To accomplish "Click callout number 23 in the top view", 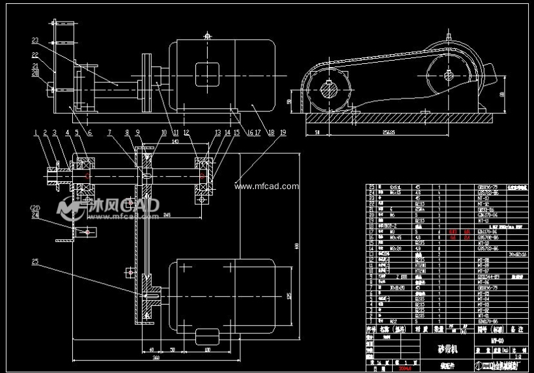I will click(x=35, y=40).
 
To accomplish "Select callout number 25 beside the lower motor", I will click(x=35, y=262).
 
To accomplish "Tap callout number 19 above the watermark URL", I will click(x=282, y=132).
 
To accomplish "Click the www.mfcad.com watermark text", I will click(x=266, y=186).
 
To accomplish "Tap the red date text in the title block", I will click(x=404, y=368).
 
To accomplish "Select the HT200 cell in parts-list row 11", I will click(x=420, y=265).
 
